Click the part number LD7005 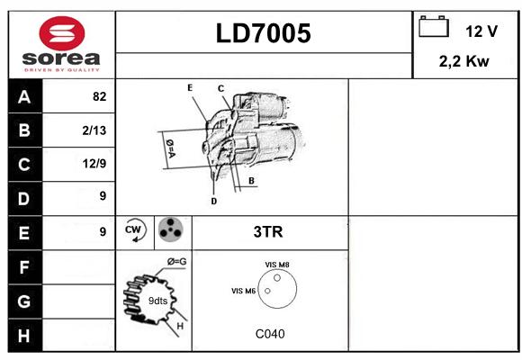[264, 33]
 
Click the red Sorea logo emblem [62, 33]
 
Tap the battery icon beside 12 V [434, 26]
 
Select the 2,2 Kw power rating [463, 61]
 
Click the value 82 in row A [100, 96]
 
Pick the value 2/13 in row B [94, 130]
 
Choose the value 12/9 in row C [94, 164]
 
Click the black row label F [24, 267]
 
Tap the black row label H [24, 335]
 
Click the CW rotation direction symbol [134, 229]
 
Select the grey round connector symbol [170, 229]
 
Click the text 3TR [268, 232]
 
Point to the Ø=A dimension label [170, 148]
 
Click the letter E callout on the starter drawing [190, 88]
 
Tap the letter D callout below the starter [213, 201]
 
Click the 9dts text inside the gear [157, 301]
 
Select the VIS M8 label [277, 265]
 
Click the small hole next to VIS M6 [267, 291]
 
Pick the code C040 [270, 334]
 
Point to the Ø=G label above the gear [176, 262]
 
